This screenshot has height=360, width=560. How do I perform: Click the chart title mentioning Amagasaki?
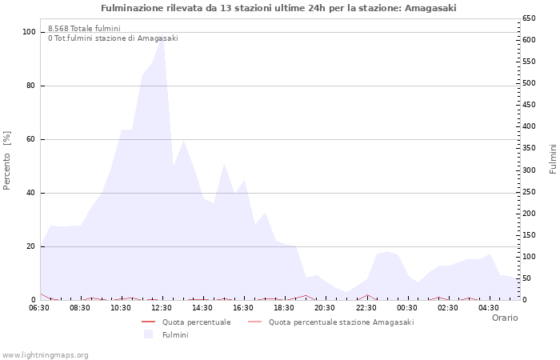coord(279,8)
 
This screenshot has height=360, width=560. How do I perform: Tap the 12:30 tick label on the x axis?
coord(162,308)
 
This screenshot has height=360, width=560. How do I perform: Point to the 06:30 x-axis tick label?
coord(40,308)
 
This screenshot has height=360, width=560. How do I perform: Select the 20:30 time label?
coord(325,308)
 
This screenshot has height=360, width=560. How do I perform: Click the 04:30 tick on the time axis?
coord(488,308)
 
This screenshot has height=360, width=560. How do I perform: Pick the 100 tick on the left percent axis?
coord(29,32)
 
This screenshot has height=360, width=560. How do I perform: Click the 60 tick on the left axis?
coord(31,139)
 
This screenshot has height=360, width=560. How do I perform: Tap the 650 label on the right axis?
coord(529,18)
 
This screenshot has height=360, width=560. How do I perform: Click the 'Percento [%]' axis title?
coord(7,160)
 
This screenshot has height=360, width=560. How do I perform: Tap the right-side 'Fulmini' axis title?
coord(553,158)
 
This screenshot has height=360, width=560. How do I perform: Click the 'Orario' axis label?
coord(504,318)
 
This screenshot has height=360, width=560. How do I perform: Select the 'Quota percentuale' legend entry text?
coord(196,322)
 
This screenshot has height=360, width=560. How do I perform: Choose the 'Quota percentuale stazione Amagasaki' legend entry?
coord(341,322)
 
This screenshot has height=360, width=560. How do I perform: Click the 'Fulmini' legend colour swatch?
coord(148,334)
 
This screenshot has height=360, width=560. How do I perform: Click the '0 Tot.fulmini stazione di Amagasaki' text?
coord(113,38)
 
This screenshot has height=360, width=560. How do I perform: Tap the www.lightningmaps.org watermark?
coord(46,355)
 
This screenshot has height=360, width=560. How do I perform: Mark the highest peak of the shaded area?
coord(162,38)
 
